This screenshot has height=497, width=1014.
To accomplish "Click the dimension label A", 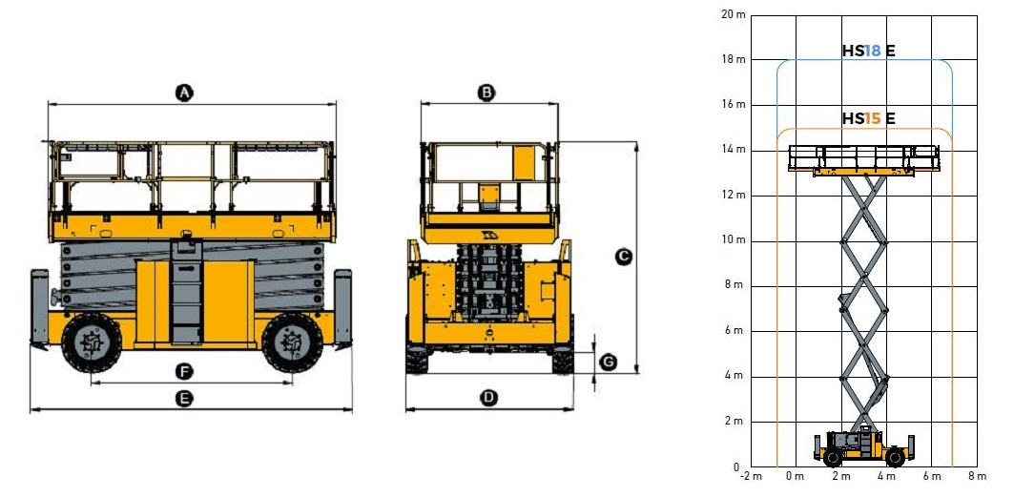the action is pos(184,93).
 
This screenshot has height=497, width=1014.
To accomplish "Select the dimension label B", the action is pos(486,93).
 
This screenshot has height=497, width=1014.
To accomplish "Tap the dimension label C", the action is pos(624,258).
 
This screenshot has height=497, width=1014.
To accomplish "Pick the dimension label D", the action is pos(489,398).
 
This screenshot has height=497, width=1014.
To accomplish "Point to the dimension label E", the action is pos(184,399).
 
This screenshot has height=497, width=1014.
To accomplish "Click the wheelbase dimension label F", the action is pos(184,372).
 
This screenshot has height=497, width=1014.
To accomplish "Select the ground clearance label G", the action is pos(608,362).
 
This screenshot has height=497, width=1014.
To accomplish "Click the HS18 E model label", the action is pos(868,51).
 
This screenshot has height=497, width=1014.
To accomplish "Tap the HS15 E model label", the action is pos(868,119).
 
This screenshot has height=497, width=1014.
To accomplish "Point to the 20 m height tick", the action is pos(733,14).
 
